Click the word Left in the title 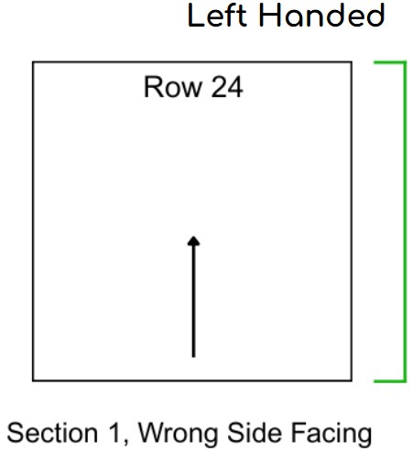pyautogui.click(x=217, y=16)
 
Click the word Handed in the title pyautogui.click(x=321, y=16)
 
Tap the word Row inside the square pyautogui.click(x=173, y=87)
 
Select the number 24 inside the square pyautogui.click(x=227, y=87)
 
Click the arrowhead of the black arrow pyautogui.click(x=193, y=240)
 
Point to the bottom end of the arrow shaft pyautogui.click(x=193, y=357)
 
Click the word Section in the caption pyautogui.click(x=52, y=433)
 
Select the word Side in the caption pyautogui.click(x=255, y=433)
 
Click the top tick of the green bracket pyautogui.click(x=390, y=62)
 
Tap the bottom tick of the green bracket pyautogui.click(x=390, y=381)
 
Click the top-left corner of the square pyautogui.click(x=33, y=62)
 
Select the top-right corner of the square pyautogui.click(x=352, y=62)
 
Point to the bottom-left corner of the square pyautogui.click(x=33, y=380)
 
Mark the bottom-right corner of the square pyautogui.click(x=352, y=380)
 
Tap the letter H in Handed pyautogui.click(x=268, y=16)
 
